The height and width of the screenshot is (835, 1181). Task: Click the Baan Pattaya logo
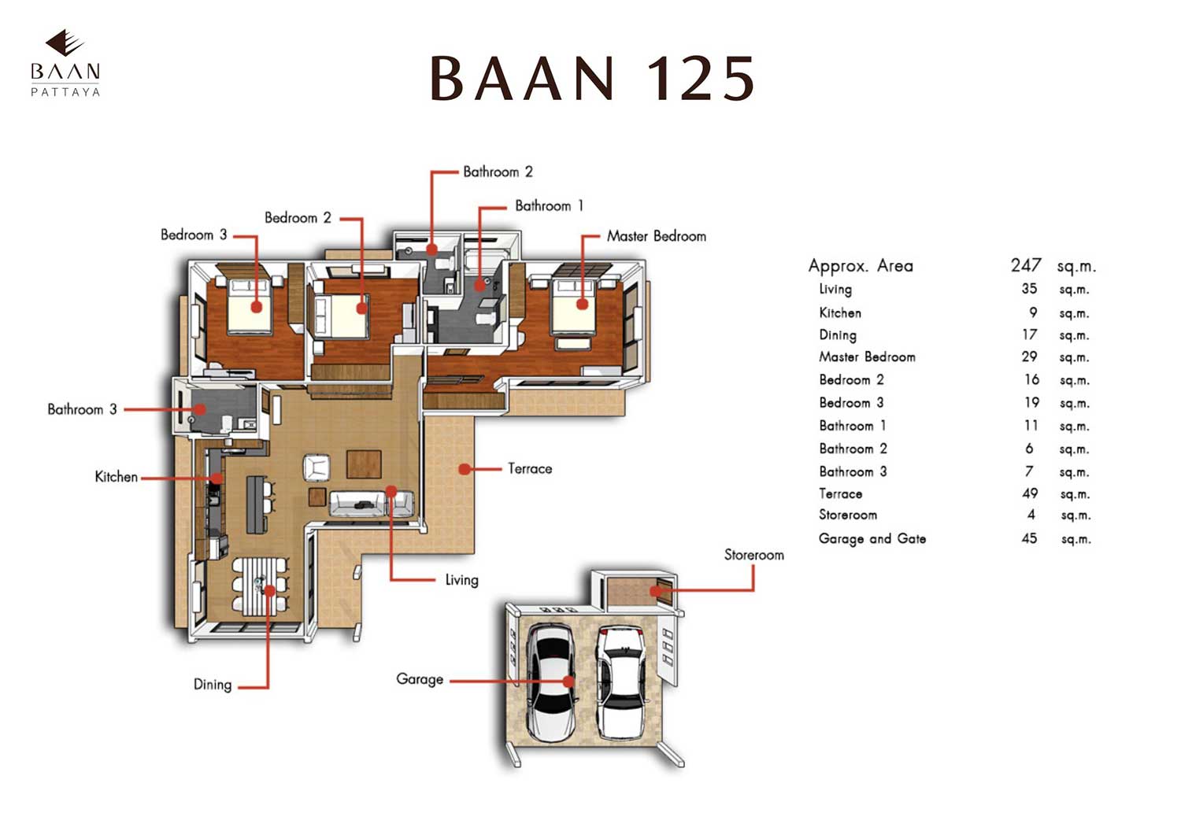65,63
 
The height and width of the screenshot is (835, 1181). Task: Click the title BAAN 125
592,79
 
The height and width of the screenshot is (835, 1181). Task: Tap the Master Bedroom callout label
656,236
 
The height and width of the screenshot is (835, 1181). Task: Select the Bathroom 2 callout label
498,172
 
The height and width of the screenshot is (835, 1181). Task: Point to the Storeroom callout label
753,555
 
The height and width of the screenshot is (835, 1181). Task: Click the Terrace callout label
530,469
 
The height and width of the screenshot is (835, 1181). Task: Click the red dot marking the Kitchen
216,478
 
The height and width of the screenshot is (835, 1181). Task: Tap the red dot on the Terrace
465,469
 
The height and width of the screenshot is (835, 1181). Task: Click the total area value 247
1026,265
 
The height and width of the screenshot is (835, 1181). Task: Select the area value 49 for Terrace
1029,493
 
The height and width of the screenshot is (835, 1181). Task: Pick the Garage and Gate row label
872,539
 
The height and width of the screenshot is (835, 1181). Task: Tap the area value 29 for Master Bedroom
1029,357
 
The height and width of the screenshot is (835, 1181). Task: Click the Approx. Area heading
861,266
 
